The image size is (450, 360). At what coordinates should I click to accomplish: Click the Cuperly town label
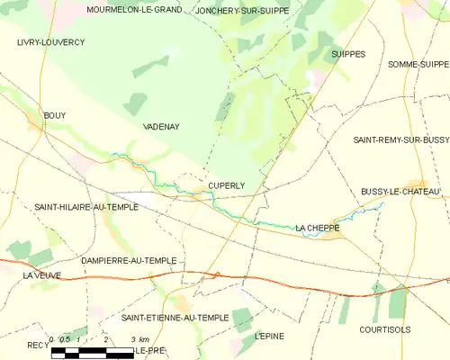point(227,185)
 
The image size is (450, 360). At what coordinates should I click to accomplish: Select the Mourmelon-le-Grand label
point(133,10)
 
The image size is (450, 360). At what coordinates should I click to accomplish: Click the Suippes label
point(348,54)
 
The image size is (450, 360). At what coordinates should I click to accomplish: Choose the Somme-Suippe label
point(418,64)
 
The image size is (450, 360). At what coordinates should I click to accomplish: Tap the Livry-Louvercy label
point(50,42)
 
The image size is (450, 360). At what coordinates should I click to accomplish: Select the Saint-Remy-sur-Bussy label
point(400,140)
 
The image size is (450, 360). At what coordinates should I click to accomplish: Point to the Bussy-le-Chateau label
point(400,192)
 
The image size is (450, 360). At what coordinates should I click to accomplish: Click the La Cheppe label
point(317,229)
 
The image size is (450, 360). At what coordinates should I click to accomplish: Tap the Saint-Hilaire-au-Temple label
point(86,207)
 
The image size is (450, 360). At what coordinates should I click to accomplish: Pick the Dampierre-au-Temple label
point(129,260)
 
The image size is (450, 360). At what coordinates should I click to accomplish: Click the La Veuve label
point(42,274)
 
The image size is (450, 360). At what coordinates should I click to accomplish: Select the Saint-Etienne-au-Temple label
point(175,318)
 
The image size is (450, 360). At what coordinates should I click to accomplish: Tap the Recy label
point(38,345)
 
